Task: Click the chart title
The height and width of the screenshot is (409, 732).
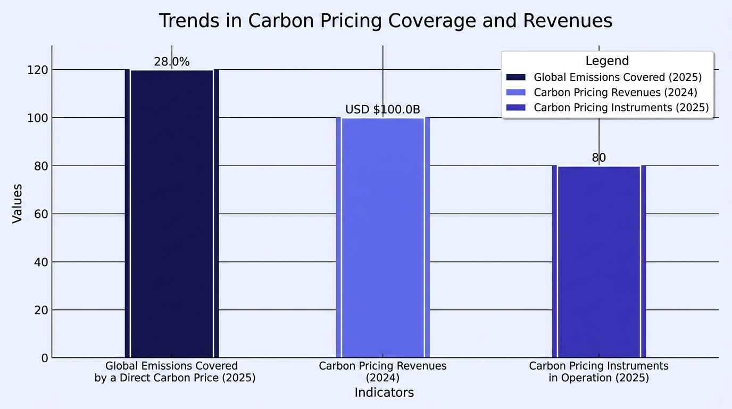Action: click(x=386, y=21)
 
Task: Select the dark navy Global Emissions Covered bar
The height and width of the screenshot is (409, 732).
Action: click(x=172, y=214)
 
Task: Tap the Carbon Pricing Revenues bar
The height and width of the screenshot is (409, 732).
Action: click(x=383, y=238)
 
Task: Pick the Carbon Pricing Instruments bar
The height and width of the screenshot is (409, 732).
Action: click(x=599, y=261)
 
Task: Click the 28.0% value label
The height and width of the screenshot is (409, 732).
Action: click(x=172, y=62)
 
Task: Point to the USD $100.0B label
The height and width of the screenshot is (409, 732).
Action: click(x=382, y=109)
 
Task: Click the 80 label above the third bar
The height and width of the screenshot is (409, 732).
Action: click(x=599, y=158)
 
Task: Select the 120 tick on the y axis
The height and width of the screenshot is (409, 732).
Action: click(x=38, y=70)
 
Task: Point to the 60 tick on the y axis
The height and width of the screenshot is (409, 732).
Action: click(x=41, y=214)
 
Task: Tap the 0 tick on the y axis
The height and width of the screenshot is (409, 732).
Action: click(x=45, y=358)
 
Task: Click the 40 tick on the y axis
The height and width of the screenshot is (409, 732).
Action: click(x=41, y=262)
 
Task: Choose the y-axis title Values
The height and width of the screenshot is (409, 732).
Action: click(x=17, y=204)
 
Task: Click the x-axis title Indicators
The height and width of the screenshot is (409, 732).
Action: click(x=384, y=392)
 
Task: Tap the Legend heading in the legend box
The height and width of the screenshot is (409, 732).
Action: click(x=607, y=61)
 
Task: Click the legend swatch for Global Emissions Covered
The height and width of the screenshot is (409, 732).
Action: click(x=516, y=77)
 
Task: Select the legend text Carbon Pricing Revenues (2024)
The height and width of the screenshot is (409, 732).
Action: click(x=615, y=92)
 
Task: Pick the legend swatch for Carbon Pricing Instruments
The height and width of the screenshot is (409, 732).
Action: click(x=516, y=108)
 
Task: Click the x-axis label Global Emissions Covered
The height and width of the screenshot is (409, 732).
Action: click(x=175, y=372)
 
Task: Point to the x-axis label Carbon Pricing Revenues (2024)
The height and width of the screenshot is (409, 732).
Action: click(x=382, y=372)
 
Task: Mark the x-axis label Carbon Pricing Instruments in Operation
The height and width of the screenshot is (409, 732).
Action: click(x=598, y=372)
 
